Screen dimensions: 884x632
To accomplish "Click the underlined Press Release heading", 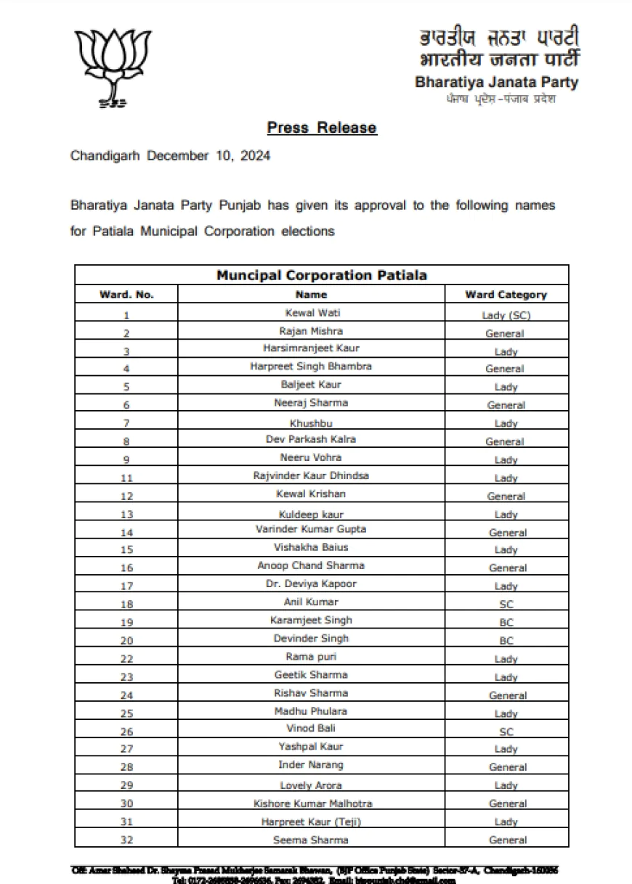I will pyautogui.click(x=322, y=128).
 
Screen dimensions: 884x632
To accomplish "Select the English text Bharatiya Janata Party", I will pyautogui.click(x=497, y=82).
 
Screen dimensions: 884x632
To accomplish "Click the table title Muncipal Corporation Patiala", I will pyautogui.click(x=322, y=275).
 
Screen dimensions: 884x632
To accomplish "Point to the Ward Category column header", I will pyautogui.click(x=506, y=295).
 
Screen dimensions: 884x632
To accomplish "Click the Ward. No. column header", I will pyautogui.click(x=126, y=295).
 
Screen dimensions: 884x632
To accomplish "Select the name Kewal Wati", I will pyautogui.click(x=312, y=313).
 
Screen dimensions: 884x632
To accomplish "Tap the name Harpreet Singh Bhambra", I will pyautogui.click(x=311, y=367).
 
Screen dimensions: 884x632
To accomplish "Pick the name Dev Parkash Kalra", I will pyautogui.click(x=311, y=439).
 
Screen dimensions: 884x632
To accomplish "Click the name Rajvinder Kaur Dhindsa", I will pyautogui.click(x=311, y=476).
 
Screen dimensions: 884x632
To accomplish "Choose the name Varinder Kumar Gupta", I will pyautogui.click(x=311, y=530).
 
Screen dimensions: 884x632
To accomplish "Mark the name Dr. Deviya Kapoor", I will pyautogui.click(x=311, y=584).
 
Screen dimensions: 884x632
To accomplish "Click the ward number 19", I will pyautogui.click(x=126, y=621).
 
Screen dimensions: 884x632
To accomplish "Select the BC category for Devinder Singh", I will pyautogui.click(x=506, y=641).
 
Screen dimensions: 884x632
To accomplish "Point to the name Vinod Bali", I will pyautogui.click(x=311, y=728).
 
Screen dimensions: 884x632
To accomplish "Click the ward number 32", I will pyautogui.click(x=126, y=840).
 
